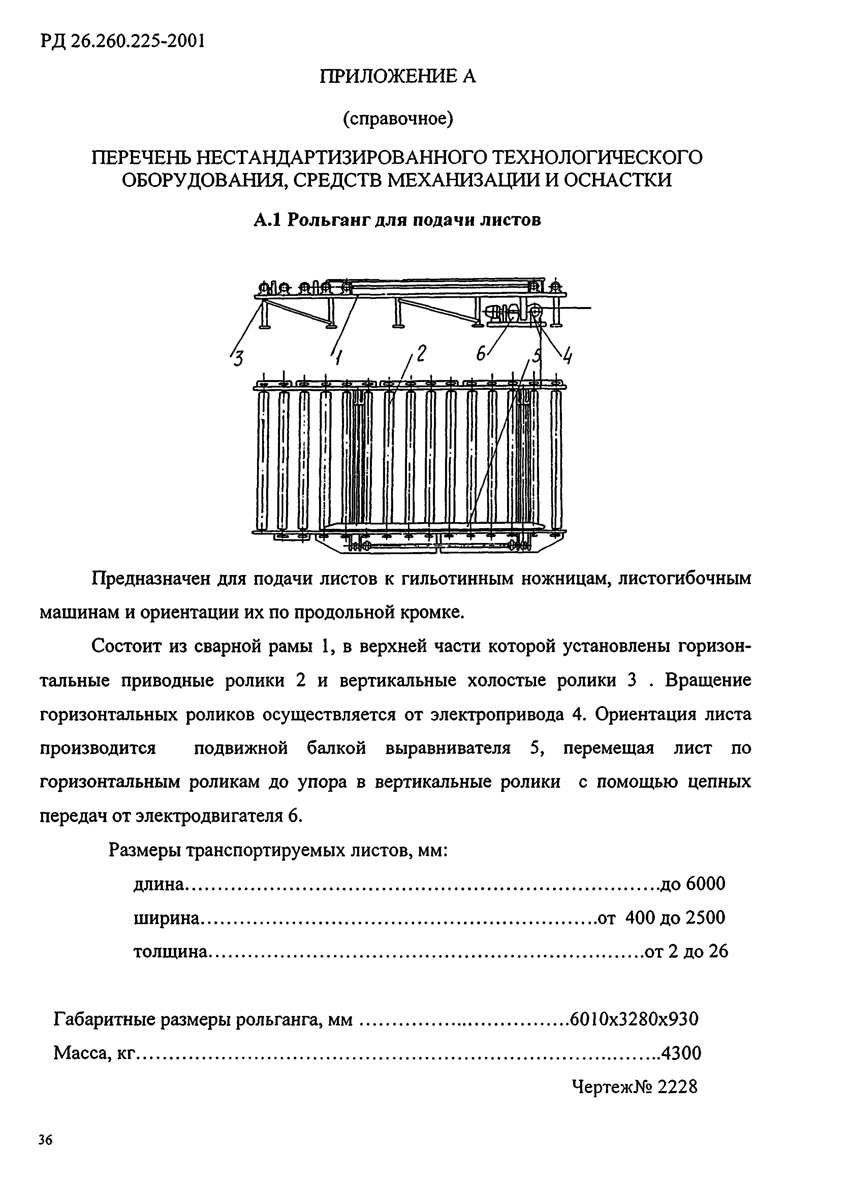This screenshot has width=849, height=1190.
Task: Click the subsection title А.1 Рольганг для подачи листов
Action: click(x=397, y=220)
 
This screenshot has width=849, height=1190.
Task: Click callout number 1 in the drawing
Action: click(x=338, y=359)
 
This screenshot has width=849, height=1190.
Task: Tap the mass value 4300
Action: click(x=681, y=1053)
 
